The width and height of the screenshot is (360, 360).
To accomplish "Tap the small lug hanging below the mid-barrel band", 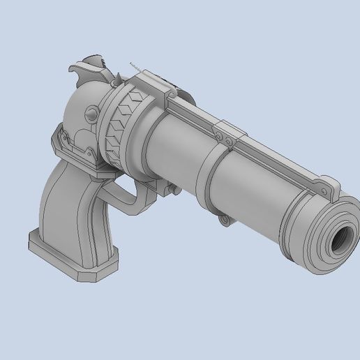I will [223, 220].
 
